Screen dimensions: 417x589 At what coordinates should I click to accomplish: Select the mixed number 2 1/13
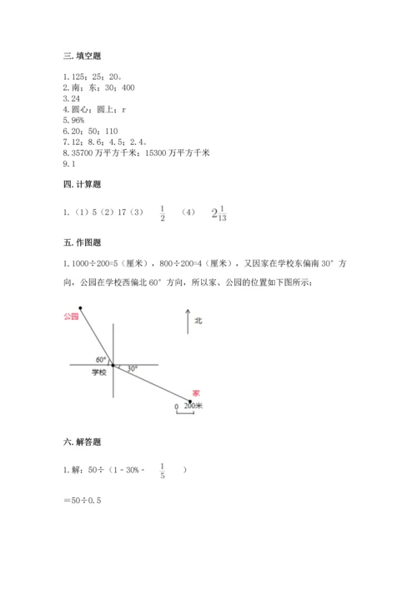click(x=219, y=214)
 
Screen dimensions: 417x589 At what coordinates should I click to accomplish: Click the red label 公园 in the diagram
click(x=70, y=317)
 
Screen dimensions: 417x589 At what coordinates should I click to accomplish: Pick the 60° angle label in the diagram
click(x=101, y=359)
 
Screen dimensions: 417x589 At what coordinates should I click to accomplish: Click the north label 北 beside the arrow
click(x=198, y=320)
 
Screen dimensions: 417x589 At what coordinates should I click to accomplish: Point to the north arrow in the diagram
click(x=187, y=321)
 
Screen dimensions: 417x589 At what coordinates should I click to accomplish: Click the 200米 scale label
click(x=193, y=406)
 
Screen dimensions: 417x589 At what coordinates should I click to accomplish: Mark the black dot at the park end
click(x=81, y=308)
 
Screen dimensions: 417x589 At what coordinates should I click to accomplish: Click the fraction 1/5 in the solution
click(x=163, y=471)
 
